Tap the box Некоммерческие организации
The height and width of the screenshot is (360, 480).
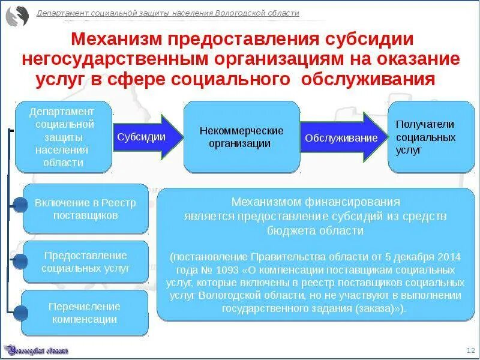click(x=242, y=137)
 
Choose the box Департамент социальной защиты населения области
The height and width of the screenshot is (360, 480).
click(x=63, y=137)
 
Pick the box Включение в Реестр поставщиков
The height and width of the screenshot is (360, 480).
click(x=85, y=209)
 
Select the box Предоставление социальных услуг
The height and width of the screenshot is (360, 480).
click(x=85, y=262)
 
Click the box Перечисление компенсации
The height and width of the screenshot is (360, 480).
click(x=85, y=313)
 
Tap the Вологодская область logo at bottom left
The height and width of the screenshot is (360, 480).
click(x=36, y=349)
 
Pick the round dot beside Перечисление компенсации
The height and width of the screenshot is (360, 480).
click(x=20, y=312)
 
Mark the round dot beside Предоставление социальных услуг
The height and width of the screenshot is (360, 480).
click(x=20, y=261)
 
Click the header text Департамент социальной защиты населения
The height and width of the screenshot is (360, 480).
click(x=168, y=13)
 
